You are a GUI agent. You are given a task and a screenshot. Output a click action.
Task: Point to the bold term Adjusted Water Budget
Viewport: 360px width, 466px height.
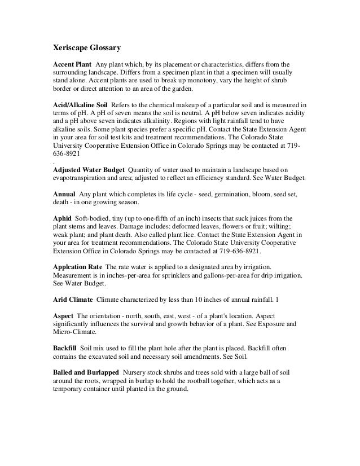pos(86,169)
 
